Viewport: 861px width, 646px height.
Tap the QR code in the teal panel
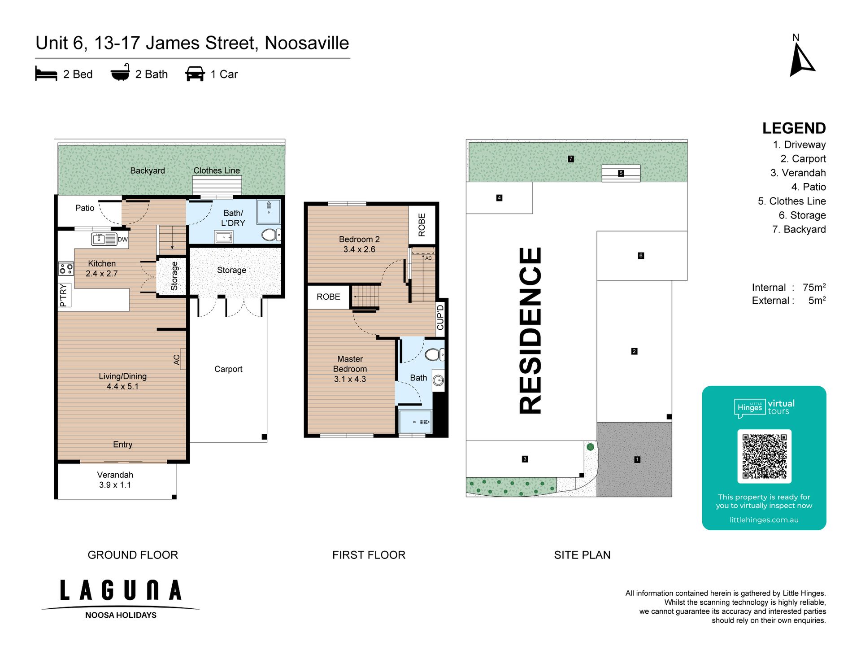pyautogui.click(x=764, y=456)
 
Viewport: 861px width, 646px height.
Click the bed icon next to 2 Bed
pyautogui.click(x=46, y=74)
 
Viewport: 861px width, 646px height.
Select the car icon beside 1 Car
pyautogui.click(x=195, y=74)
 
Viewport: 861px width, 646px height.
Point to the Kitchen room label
pyautogui.click(x=102, y=264)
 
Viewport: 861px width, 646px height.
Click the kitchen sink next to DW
pyautogui.click(x=104, y=239)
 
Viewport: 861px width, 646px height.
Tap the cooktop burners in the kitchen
pyautogui.click(x=66, y=269)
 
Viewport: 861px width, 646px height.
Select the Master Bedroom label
pyautogui.click(x=350, y=364)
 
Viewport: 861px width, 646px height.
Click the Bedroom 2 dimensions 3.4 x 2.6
pyautogui.click(x=359, y=249)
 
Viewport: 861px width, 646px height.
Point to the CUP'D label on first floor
pyautogui.click(x=440, y=317)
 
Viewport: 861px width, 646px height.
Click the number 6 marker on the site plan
pyautogui.click(x=641, y=256)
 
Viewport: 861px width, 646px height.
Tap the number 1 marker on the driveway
pyautogui.click(x=637, y=459)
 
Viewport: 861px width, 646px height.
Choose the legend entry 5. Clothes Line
pyautogui.click(x=791, y=201)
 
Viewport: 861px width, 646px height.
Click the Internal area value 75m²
pyautogui.click(x=814, y=287)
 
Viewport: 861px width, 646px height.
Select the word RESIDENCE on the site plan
pyautogui.click(x=530, y=331)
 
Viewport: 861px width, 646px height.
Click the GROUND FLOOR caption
pyautogui.click(x=133, y=555)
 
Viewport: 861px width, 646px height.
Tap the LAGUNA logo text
pyautogui.click(x=121, y=590)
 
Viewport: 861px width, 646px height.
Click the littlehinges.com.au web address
pyautogui.click(x=764, y=520)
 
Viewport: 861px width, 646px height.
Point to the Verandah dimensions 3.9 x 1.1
pyautogui.click(x=115, y=485)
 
